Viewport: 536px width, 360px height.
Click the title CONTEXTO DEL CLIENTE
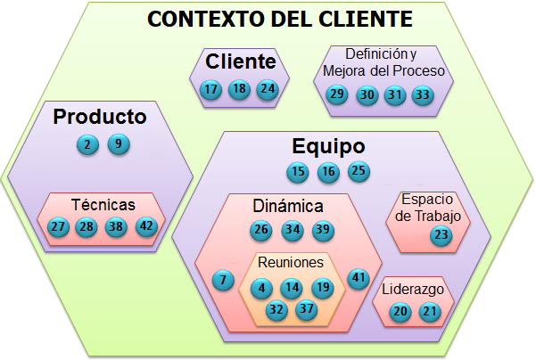tap(279, 20)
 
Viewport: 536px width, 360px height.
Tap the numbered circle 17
tap(210, 90)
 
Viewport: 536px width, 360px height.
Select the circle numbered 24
tap(267, 90)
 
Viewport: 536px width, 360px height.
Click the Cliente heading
tap(240, 62)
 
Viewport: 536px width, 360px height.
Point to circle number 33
tap(422, 94)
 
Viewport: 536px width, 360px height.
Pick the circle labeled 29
tap(336, 94)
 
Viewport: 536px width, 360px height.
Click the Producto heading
tap(99, 116)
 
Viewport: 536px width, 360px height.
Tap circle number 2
tap(87, 144)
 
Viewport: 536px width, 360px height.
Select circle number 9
tap(118, 144)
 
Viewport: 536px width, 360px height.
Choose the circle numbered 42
tap(144, 226)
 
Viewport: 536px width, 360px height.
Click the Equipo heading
tap(328, 146)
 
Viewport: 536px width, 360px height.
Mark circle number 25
tap(359, 172)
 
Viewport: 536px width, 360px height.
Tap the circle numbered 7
tap(222, 280)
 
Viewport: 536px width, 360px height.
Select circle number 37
tap(307, 309)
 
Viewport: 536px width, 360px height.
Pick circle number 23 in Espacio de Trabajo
tap(441, 235)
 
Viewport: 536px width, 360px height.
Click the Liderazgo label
tap(412, 290)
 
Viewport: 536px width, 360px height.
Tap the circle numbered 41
tap(359, 277)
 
